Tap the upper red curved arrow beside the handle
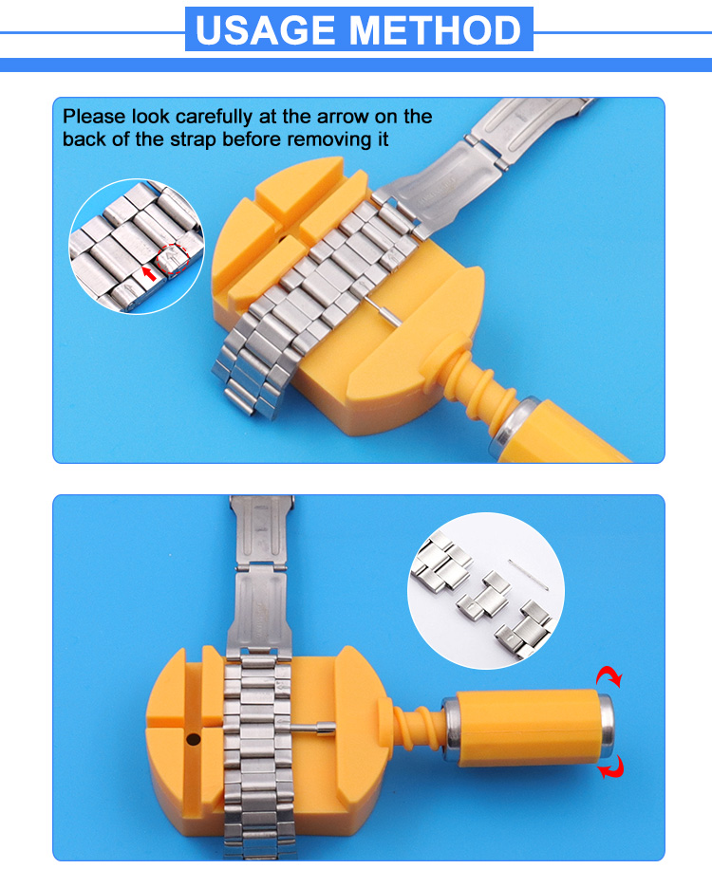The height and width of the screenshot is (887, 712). click(x=607, y=677)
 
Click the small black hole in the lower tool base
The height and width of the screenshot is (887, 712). click(x=194, y=737)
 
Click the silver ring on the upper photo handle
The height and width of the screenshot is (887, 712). click(x=502, y=426)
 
